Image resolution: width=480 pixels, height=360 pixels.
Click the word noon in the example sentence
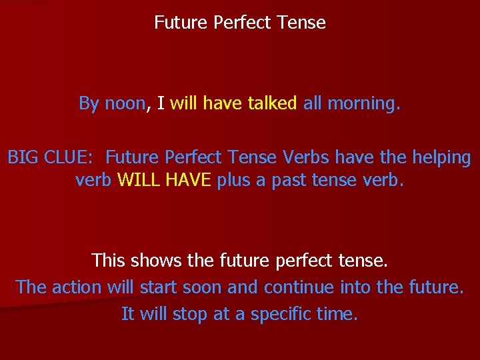125,103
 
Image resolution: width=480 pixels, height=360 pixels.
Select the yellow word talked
272,103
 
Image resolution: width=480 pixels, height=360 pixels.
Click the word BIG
22,158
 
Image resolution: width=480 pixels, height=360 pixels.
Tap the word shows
155,260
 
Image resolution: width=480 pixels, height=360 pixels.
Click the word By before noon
89,103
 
